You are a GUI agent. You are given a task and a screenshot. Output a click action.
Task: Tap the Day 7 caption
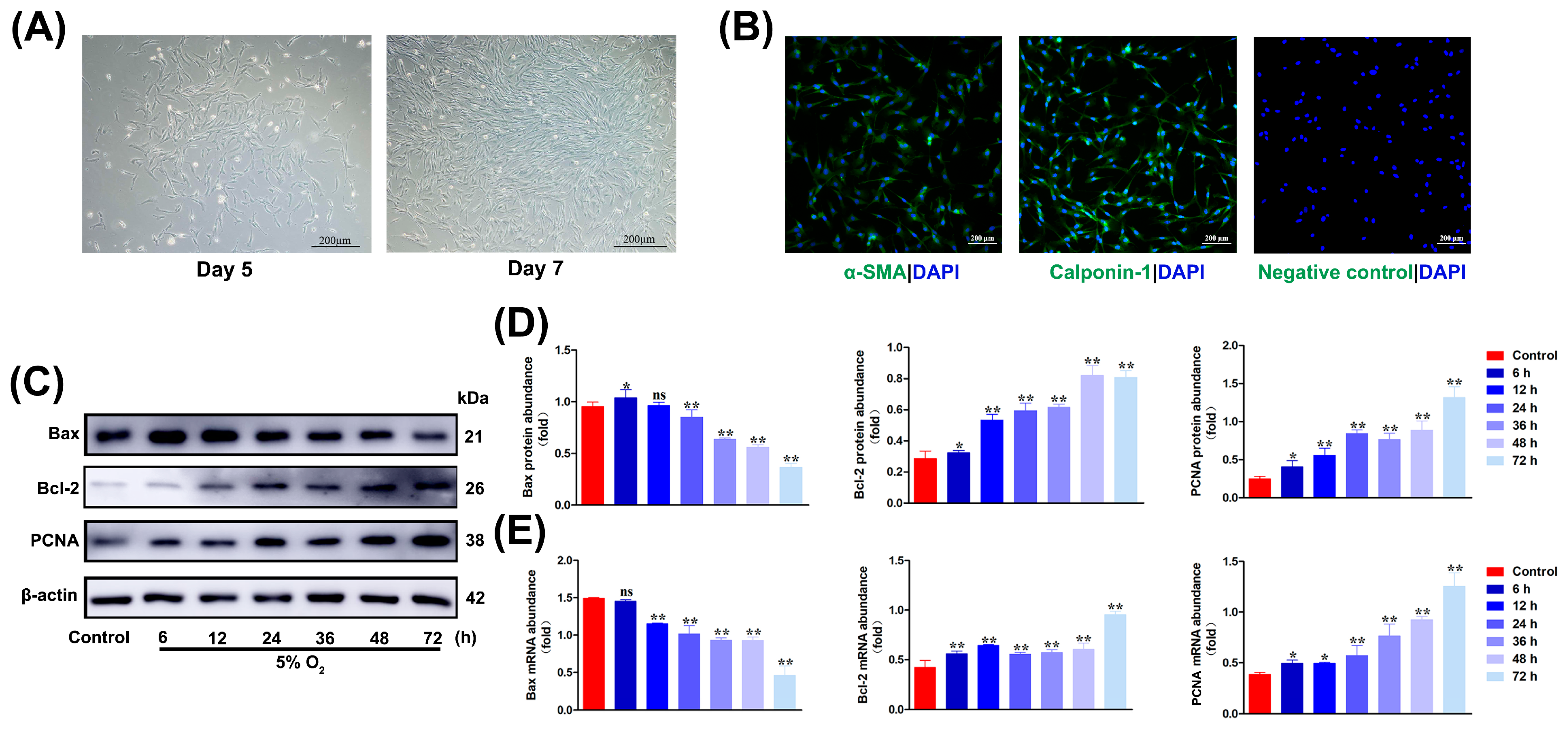click(x=535, y=268)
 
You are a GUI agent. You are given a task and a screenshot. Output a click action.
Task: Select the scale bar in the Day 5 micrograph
click(x=335, y=247)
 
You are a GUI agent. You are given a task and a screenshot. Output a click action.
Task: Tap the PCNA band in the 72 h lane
click(x=431, y=540)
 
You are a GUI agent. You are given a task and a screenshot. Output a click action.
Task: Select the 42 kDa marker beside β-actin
click(x=475, y=598)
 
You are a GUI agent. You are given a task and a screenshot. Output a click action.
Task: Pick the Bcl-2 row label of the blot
click(x=58, y=488)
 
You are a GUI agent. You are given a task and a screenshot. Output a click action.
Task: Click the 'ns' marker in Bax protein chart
click(x=659, y=396)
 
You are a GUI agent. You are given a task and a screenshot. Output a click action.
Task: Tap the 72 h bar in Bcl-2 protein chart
click(x=1125, y=440)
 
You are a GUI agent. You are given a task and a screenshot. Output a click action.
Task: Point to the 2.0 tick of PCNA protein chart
click(x=1229, y=345)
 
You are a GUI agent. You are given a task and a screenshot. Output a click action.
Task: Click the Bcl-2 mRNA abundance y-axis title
click(x=863, y=634)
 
